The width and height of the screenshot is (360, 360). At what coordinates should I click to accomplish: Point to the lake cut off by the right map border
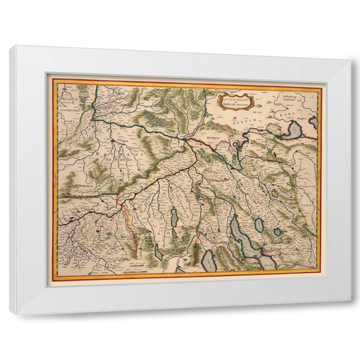(313, 121)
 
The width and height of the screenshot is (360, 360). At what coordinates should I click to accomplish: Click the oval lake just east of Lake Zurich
(259, 223)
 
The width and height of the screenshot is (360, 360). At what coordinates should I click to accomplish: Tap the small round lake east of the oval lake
(277, 232)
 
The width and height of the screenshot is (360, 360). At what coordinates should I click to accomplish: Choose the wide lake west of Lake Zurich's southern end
(208, 259)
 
